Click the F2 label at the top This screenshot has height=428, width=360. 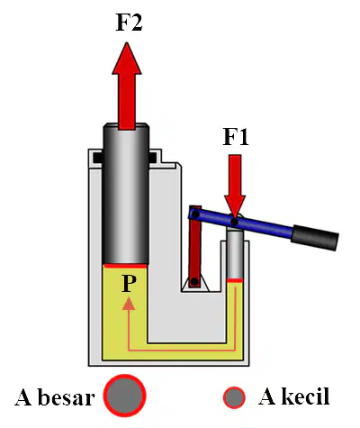[129, 23]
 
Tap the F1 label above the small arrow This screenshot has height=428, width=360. [236, 137]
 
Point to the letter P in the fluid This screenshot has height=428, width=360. [129, 283]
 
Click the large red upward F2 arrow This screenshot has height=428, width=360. [127, 87]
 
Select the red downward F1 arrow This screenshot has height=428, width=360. [235, 186]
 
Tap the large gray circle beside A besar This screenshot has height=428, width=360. [124, 396]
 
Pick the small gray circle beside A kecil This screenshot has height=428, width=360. [234, 397]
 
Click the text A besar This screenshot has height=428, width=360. [55, 397]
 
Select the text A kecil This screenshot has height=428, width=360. [294, 396]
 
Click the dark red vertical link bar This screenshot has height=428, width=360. [195, 246]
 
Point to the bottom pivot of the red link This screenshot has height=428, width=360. [194, 281]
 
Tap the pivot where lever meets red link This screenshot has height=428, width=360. [195, 214]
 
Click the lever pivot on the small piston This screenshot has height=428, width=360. [235, 223]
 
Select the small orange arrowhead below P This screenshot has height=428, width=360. [129, 304]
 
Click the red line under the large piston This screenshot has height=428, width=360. [125, 266]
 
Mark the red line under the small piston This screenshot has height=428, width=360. [235, 280]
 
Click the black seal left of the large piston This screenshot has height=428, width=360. [98, 158]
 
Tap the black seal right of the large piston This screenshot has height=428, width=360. [152, 158]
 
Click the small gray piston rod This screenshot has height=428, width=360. [235, 254]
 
